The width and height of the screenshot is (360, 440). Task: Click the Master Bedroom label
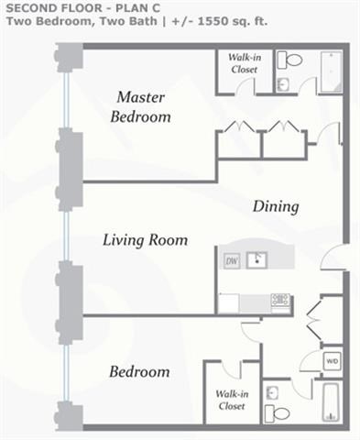click(141, 107)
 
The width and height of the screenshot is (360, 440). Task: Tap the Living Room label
click(146, 240)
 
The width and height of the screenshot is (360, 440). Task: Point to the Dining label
click(276, 206)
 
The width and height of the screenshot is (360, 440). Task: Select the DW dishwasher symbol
click(232, 261)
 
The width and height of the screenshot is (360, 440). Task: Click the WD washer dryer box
click(333, 361)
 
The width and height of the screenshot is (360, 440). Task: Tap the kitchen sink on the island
click(256, 260)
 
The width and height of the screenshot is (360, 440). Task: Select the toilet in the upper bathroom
click(289, 60)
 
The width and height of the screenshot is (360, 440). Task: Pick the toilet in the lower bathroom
click(277, 413)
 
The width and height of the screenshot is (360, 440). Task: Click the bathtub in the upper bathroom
click(332, 71)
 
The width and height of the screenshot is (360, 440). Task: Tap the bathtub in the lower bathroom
click(332, 402)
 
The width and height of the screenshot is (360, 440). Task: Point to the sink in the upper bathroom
click(283, 84)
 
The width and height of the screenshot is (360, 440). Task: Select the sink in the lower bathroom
click(271, 393)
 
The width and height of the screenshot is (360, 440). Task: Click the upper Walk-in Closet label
click(245, 63)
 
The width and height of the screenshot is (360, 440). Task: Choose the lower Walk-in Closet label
click(232, 400)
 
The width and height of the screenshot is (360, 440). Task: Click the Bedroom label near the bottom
click(139, 371)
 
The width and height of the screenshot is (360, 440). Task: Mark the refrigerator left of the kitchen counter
click(229, 303)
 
